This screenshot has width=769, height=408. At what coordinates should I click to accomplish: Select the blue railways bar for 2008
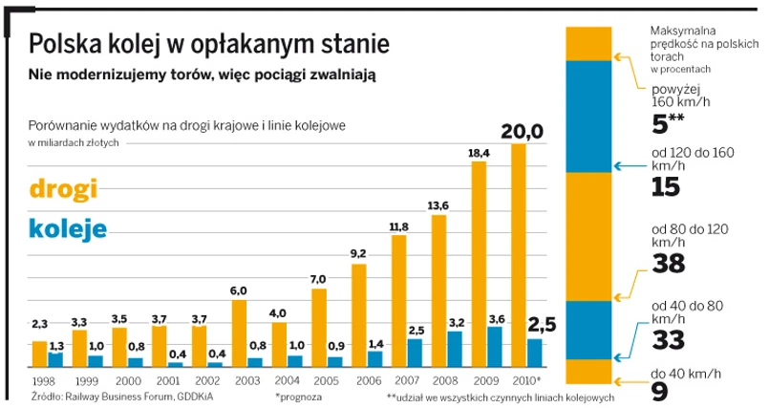click(x=455, y=349)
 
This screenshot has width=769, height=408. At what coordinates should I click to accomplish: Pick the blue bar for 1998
click(x=54, y=359)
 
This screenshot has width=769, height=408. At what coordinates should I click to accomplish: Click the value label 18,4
click(x=479, y=153)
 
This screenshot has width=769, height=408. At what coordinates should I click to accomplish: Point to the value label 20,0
click(x=520, y=131)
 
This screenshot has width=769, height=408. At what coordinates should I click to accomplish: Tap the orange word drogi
click(x=67, y=189)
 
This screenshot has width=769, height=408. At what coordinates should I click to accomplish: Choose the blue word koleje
click(x=67, y=229)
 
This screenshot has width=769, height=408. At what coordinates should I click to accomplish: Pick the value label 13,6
click(x=438, y=206)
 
